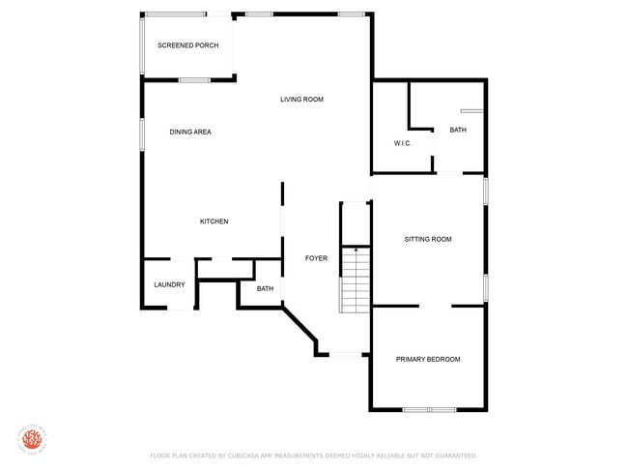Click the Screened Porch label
coord(187,45)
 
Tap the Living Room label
coord(301,99)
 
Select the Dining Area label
coord(190,132)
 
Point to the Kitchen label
coord(214,221)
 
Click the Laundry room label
coord(169,284)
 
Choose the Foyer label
coord(316,258)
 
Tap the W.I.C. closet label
coord(403,143)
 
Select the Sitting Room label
coord(427,239)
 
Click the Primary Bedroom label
coord(428,359)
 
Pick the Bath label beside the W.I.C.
coord(457,130)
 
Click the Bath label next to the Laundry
coord(265,288)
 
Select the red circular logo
coord(32,438)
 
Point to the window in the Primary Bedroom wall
coord(429,410)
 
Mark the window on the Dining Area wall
coord(142,133)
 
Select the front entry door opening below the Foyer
coord(345,355)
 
